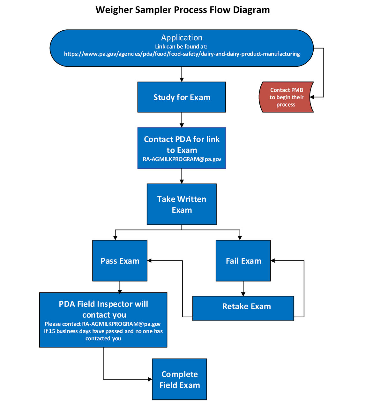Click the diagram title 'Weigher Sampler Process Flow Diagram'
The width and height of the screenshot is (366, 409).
click(183, 10)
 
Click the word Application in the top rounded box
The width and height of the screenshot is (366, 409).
click(182, 38)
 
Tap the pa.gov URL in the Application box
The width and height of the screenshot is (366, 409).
click(182, 54)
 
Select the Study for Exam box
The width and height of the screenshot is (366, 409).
click(182, 97)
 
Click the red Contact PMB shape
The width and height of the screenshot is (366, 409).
click(286, 97)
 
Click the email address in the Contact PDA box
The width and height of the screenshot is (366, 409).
click(182, 159)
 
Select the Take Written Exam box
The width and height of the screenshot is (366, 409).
click(182, 204)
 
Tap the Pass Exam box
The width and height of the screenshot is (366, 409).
click(120, 261)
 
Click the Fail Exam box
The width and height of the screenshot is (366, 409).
click(243, 261)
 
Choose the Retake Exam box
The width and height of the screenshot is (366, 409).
click(243, 307)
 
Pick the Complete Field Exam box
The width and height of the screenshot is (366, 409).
click(179, 379)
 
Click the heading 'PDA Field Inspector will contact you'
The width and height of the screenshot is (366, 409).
click(103, 309)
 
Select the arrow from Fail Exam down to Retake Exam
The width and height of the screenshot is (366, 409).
click(243, 289)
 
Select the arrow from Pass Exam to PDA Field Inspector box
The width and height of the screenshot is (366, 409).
click(120, 287)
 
